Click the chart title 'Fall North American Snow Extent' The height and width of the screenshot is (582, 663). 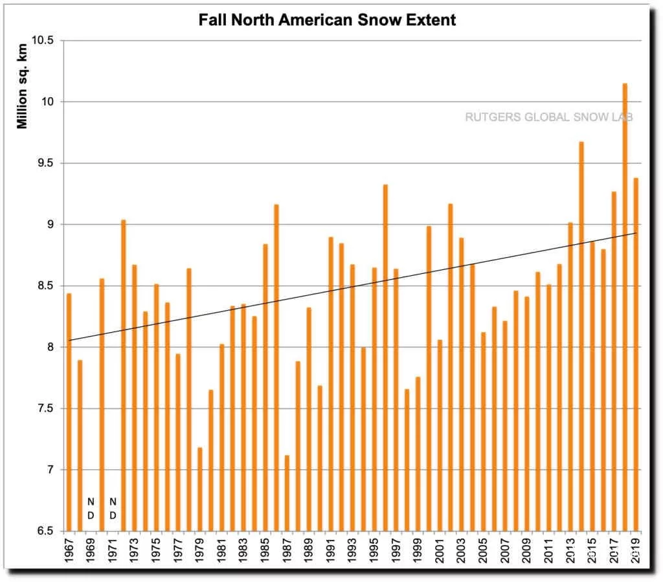327,20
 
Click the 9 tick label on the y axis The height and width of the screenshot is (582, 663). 49,225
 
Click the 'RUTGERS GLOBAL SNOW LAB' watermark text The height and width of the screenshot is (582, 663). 549,117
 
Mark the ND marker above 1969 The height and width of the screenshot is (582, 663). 91,508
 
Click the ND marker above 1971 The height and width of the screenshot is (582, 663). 113,508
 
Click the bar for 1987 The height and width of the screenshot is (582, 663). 287,493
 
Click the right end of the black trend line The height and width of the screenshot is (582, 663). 636,233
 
